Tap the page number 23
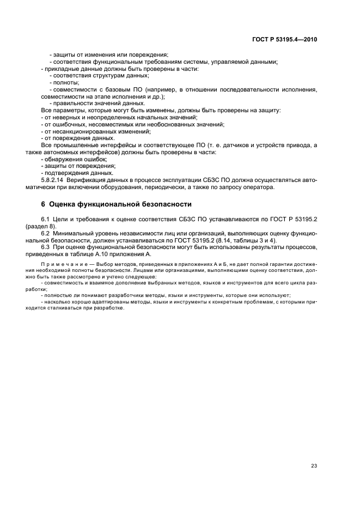coord(314,450)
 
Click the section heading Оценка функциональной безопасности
coord(120,204)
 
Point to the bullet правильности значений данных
coord(91,103)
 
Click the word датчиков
coord(235,144)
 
